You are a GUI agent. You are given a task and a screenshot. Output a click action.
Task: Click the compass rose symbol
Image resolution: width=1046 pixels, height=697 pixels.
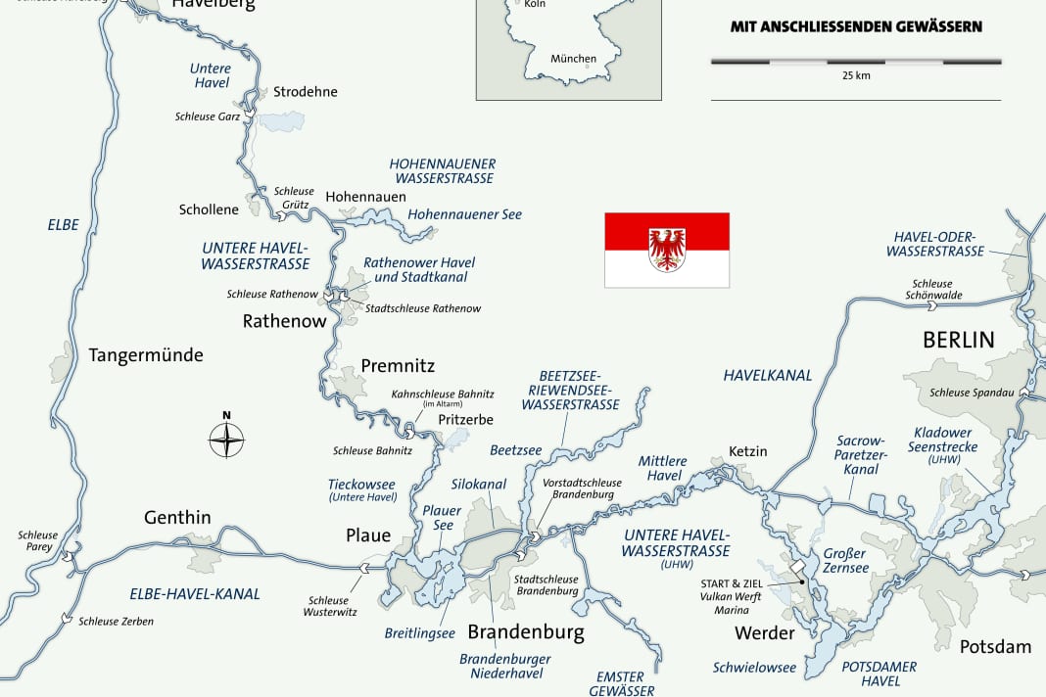point(227,440)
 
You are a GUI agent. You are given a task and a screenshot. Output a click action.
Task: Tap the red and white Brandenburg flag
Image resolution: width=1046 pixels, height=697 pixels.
point(666,250)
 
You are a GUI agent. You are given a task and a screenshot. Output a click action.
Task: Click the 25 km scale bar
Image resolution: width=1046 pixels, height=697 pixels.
point(855,62)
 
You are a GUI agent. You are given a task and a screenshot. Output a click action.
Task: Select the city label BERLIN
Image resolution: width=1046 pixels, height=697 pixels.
point(958,341)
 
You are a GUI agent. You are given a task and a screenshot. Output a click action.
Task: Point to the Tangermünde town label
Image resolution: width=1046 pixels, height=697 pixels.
point(146,355)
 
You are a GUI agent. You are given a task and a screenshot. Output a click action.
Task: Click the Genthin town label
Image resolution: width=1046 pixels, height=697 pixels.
point(177,517)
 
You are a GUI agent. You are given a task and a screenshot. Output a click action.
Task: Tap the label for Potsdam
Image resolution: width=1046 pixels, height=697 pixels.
point(995,646)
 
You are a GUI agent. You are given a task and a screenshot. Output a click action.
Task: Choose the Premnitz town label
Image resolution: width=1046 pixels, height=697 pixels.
point(398,366)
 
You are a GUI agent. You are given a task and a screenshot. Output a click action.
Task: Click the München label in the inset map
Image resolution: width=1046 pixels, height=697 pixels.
point(573,59)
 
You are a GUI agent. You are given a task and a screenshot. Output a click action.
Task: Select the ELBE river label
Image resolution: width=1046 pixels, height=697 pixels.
point(63,225)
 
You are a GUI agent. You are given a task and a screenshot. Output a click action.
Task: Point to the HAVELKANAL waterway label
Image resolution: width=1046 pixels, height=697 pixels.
point(768,375)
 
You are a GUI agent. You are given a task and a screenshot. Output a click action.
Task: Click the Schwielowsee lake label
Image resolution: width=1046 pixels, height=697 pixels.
point(754,668)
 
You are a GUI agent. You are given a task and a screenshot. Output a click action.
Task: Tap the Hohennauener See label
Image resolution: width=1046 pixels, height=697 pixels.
point(464,214)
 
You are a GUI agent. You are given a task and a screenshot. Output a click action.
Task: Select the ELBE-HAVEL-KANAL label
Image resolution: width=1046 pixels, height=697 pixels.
point(195,593)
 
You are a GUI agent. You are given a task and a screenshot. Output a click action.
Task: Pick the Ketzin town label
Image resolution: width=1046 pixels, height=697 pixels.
point(748,451)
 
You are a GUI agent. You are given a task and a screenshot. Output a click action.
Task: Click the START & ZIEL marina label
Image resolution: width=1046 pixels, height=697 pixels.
point(733,584)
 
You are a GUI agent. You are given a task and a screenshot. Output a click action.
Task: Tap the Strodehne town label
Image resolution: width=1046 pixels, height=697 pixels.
point(305,92)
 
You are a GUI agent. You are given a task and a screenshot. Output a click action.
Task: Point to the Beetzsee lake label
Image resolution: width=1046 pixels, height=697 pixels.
point(515,449)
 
